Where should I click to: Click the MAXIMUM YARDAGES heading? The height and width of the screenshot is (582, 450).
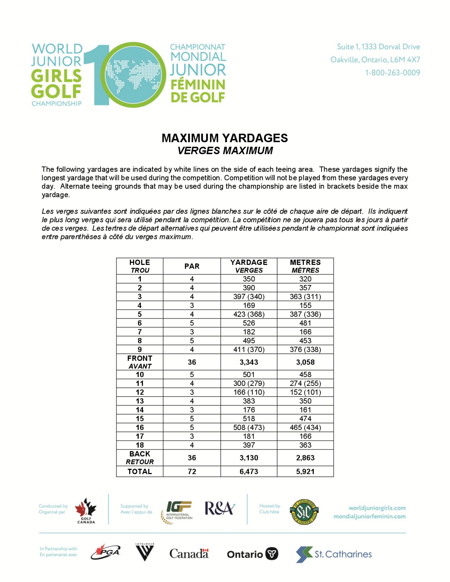[225, 138]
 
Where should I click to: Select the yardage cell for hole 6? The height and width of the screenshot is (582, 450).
[249, 323]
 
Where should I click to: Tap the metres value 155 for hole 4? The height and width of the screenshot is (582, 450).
[305, 305]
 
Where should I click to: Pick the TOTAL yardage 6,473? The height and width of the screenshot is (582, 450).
[249, 471]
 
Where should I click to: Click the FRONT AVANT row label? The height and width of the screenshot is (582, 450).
[140, 362]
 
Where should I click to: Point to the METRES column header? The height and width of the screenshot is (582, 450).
[305, 266]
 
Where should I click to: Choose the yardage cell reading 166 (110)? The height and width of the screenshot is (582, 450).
[249, 392]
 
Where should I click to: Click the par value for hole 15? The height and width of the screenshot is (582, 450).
[192, 419]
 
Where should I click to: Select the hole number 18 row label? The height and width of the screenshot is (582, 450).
[140, 445]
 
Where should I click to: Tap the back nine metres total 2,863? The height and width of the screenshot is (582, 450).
[305, 458]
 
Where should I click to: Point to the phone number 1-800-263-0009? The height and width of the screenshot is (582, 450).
[392, 72]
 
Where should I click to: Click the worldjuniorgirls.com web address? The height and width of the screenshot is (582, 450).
[377, 508]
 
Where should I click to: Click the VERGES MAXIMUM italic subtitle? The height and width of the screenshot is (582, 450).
[225, 151]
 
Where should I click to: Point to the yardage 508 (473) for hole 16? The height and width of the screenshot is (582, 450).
[249, 428]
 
